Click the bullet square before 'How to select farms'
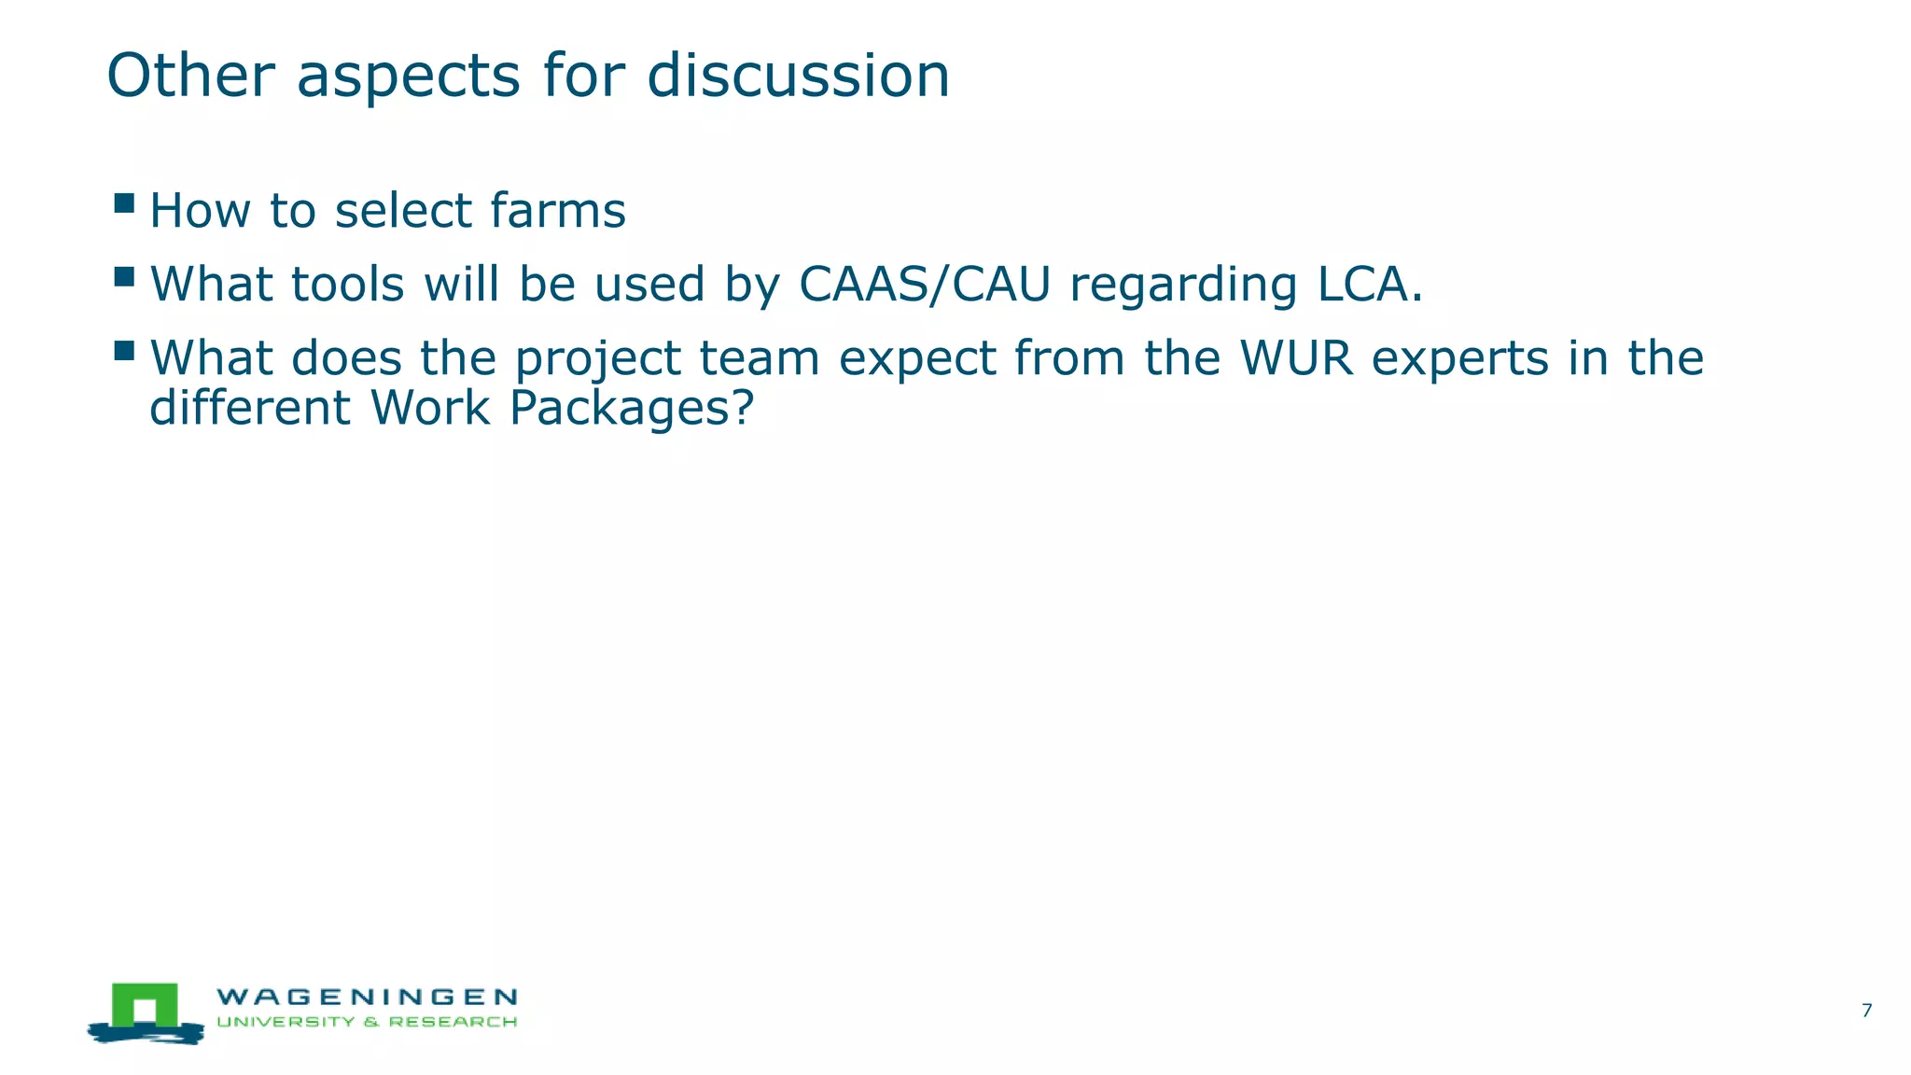click(x=124, y=203)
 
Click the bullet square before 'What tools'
click(x=124, y=277)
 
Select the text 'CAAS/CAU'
click(x=925, y=284)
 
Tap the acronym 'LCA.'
click(x=1370, y=284)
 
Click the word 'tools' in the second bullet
click(x=347, y=284)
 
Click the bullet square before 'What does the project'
click(x=124, y=351)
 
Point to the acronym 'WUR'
click(x=1296, y=357)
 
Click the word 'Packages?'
click(x=631, y=409)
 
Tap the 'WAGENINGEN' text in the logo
click(x=367, y=998)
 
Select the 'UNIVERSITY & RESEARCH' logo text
click(x=367, y=1022)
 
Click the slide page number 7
click(x=1865, y=1010)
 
